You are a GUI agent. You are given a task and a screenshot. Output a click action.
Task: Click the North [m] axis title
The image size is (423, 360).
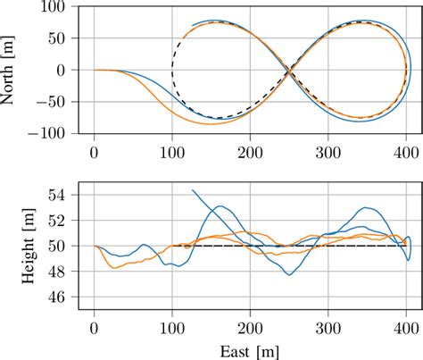point(11,70)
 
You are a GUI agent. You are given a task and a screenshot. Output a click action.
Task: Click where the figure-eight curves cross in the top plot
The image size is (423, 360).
point(289,71)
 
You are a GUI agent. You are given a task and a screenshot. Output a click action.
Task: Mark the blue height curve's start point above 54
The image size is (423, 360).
point(192,189)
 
